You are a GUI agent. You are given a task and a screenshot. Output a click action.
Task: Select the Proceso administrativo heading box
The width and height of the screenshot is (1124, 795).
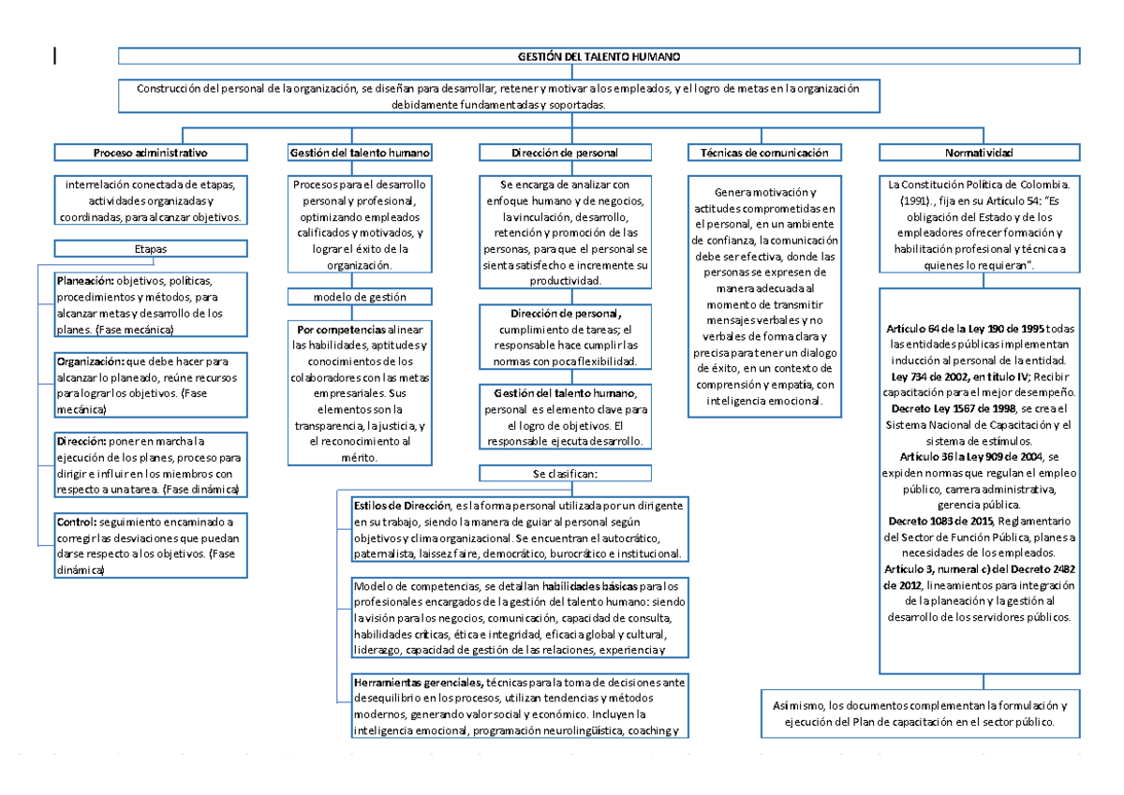(x=150, y=152)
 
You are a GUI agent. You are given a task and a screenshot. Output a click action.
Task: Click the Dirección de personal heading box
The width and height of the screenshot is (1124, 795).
(x=564, y=152)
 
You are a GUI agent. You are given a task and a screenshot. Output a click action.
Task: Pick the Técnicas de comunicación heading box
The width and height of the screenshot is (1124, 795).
(x=764, y=152)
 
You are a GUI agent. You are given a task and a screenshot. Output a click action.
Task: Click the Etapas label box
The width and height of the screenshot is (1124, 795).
(x=150, y=248)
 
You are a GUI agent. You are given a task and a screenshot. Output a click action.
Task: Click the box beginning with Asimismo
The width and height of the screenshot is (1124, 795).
(x=920, y=714)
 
